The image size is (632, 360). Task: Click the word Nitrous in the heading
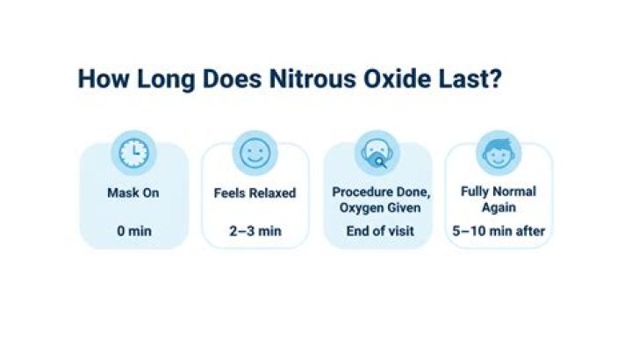coord(312,79)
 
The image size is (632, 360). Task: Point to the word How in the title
coord(104,79)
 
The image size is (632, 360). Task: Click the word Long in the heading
coord(166,80)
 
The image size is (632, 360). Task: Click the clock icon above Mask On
coord(133,153)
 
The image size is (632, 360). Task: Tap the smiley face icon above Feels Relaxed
coord(255,153)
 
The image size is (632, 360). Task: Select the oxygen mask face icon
coord(377,154)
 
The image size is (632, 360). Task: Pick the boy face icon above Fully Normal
coord(499,153)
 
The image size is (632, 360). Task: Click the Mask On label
coord(133,192)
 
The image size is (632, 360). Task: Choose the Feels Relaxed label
coord(255,192)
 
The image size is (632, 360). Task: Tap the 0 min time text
coord(134,231)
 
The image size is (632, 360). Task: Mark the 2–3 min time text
coord(255,231)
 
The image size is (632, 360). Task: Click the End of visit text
coord(380,231)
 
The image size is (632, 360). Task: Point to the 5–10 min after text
coord(499,231)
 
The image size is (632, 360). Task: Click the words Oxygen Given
coord(380,208)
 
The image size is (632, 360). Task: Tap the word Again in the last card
coord(499,207)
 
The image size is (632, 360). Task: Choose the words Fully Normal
coord(499,191)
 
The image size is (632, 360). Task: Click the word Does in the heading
coord(232,79)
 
